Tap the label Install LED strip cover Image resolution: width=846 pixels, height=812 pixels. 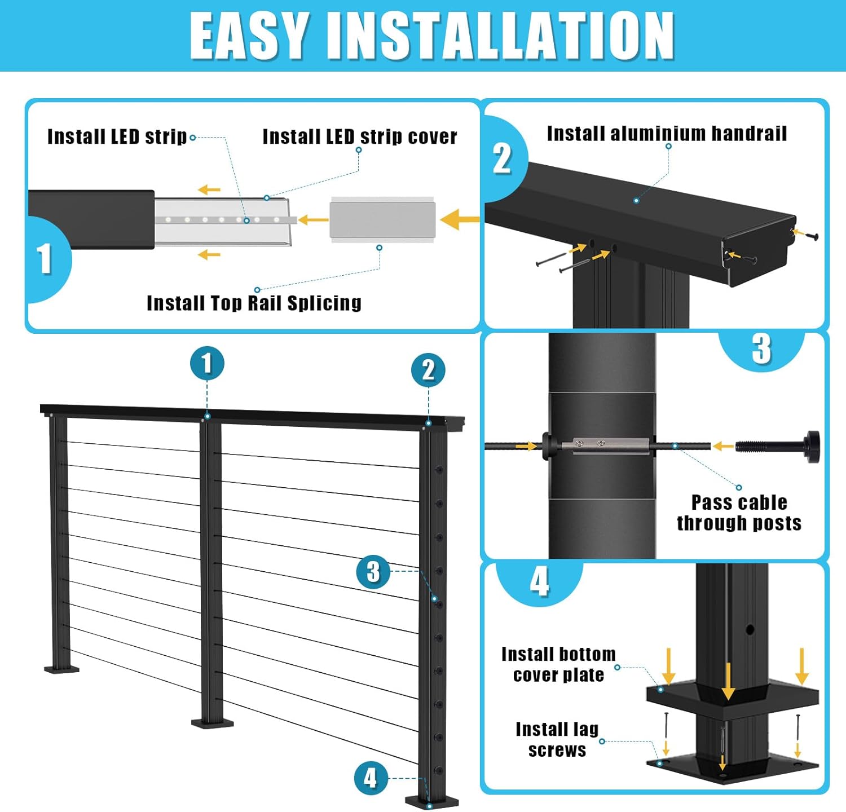tap(360, 136)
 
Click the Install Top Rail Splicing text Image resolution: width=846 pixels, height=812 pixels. tap(254, 303)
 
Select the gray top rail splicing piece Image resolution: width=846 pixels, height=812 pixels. tap(382, 220)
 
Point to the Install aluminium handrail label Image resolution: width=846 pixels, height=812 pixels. tap(667, 134)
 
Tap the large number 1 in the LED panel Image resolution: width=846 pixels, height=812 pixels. tap(45, 259)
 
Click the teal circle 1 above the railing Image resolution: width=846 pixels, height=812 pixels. tap(207, 363)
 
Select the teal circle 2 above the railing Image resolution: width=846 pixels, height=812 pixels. tap(428, 370)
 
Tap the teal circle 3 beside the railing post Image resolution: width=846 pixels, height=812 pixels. tap(373, 571)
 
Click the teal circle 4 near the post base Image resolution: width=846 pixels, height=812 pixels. tap(371, 778)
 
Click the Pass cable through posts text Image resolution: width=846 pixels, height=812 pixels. tap(739, 512)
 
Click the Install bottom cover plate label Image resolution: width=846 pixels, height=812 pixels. tap(558, 664)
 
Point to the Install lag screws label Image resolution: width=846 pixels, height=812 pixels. tap(557, 739)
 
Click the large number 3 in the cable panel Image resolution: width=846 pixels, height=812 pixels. tap(761, 348)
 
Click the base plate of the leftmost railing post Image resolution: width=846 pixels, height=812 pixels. tap(62, 669)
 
